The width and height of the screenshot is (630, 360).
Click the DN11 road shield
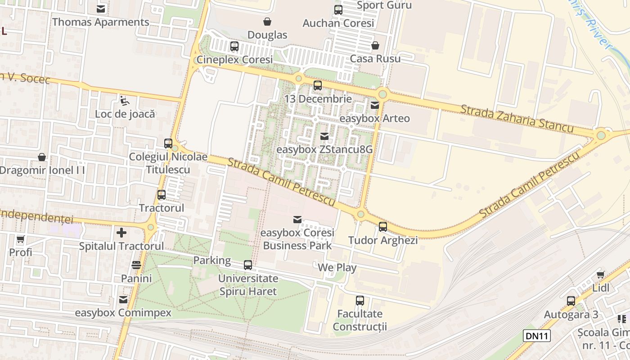pyautogui.click(x=537, y=335)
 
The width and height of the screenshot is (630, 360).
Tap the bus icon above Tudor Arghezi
pyautogui.click(x=383, y=227)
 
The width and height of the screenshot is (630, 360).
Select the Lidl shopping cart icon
pyautogui.click(x=600, y=274)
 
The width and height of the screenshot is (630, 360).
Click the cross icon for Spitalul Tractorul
pyautogui.click(x=121, y=233)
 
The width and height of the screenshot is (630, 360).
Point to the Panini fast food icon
pyautogui.click(x=136, y=265)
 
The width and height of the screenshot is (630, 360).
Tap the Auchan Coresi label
pyautogui.click(x=338, y=23)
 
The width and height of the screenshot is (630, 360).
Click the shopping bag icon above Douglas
pyautogui.click(x=267, y=22)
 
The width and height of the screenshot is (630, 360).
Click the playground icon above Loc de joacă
pyautogui.click(x=125, y=100)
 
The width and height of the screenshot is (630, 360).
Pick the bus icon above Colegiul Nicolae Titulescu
pyautogui.click(x=168, y=144)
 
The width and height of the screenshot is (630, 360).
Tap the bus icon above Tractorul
pyautogui.click(x=162, y=195)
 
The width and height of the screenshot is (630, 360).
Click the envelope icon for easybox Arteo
pyautogui.click(x=375, y=105)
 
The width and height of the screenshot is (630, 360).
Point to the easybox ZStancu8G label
pyautogui.click(x=324, y=149)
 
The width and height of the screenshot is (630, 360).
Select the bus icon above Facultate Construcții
pyautogui.click(x=360, y=301)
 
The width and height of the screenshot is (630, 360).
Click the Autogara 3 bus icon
pyautogui.click(x=571, y=301)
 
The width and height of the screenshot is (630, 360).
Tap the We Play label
pyautogui.click(x=337, y=268)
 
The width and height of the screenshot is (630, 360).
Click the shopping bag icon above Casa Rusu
pyautogui.click(x=375, y=45)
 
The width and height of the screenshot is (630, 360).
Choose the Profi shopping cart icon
pyautogui.click(x=21, y=239)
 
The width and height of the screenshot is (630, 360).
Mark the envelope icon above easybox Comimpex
pyautogui.click(x=123, y=300)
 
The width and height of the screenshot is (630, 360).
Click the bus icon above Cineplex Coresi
pyautogui.click(x=234, y=46)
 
